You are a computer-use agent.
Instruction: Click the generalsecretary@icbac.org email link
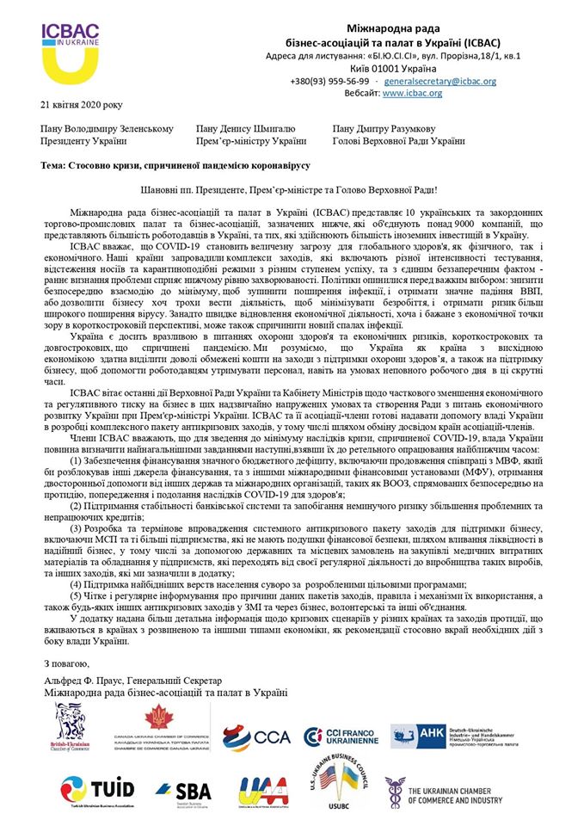coord(440,81)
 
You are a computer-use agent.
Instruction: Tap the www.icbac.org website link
coord(412,93)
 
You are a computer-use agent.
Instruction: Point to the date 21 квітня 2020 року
coord(82,104)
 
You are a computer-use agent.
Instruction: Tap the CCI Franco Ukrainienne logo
coord(340,737)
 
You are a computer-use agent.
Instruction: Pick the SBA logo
coord(182,790)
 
